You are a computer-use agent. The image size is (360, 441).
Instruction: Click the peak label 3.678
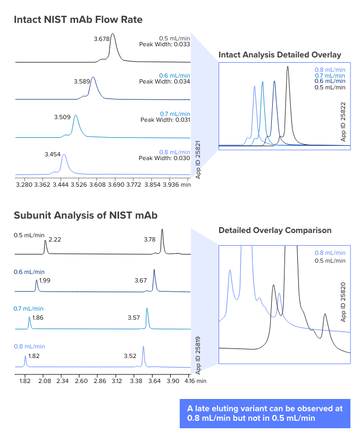click(x=101, y=39)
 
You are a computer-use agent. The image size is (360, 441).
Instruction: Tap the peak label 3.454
click(x=53, y=154)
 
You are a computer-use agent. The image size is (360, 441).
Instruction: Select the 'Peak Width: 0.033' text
click(x=164, y=45)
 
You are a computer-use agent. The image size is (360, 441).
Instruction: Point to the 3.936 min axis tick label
click(x=175, y=185)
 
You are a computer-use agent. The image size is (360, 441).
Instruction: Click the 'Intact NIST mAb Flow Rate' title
click(x=78, y=20)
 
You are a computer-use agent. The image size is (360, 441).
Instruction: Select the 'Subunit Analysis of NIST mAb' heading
click(x=86, y=215)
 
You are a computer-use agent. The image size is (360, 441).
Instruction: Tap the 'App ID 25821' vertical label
click(x=198, y=159)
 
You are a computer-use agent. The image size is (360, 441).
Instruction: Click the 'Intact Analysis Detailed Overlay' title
click(x=280, y=55)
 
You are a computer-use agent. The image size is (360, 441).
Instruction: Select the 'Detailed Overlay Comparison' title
click(x=275, y=230)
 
